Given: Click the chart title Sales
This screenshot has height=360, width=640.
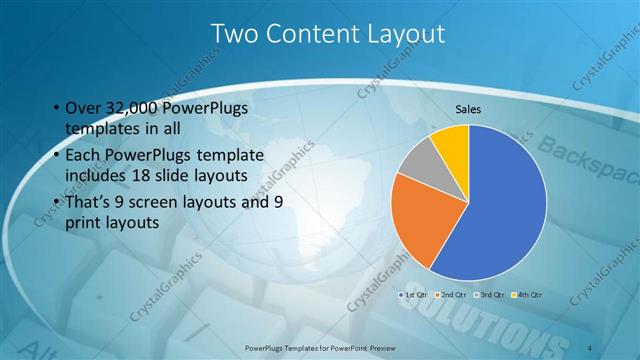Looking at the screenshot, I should pos(469,108).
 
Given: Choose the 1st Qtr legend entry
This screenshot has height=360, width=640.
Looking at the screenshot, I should pos(414,295).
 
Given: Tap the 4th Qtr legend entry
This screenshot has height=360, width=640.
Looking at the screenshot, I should pos(527,295).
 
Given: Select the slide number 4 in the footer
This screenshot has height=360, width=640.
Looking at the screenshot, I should pos(592,346).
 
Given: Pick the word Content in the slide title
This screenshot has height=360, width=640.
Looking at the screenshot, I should pos(311,35).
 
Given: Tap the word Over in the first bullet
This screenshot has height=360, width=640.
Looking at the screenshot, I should pos(82,108).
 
